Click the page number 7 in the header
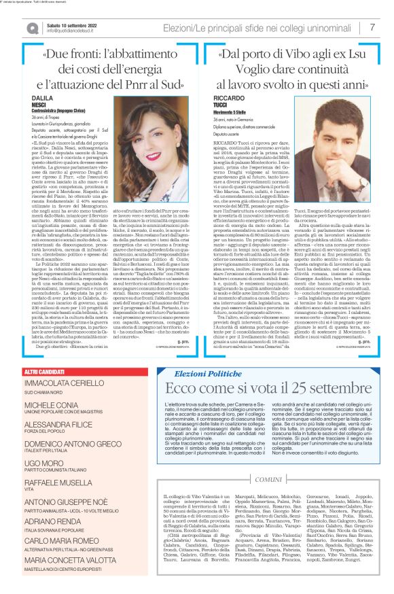372,27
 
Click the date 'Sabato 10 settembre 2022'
67,23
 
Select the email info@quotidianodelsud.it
69,30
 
